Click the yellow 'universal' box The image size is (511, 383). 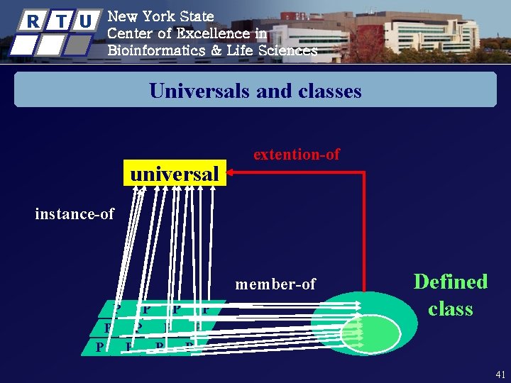tap(174, 174)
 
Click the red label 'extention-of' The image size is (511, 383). tap(297, 154)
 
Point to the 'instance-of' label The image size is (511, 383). tap(75, 213)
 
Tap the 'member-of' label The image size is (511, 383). tap(275, 284)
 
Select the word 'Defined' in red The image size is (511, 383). tap(451, 282)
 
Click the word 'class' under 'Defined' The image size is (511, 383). tap(451, 309)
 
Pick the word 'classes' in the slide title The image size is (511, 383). tap(328, 91)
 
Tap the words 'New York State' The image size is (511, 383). tap(160, 16)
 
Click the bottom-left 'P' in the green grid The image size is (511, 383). tap(100, 347)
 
